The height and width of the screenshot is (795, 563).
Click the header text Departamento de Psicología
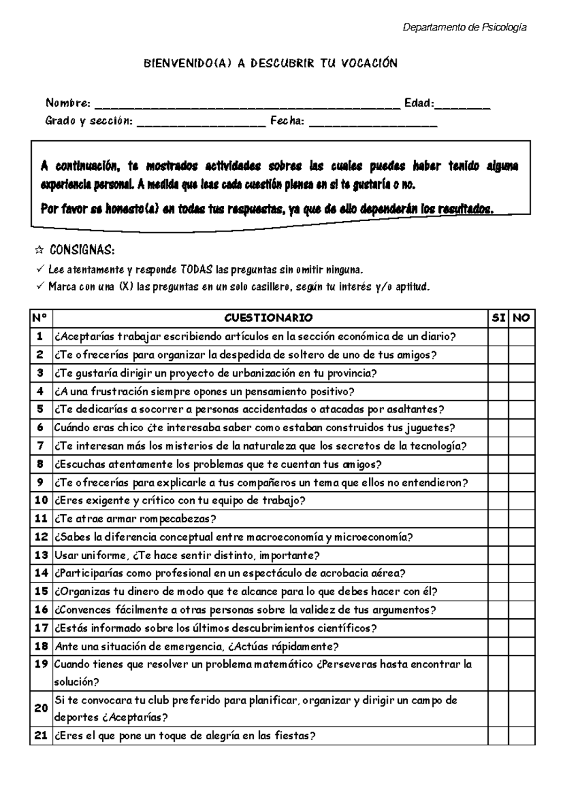point(464,28)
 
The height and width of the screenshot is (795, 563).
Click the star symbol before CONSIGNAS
point(40,250)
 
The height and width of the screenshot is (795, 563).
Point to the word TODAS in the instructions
point(197,270)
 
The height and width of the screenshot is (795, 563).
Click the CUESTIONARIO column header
point(268,318)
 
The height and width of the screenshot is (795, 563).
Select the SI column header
point(498,318)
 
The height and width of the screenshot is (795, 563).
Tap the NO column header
point(521,318)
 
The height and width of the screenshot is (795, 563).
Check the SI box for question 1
point(498,337)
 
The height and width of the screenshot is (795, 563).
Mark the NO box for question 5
point(521,409)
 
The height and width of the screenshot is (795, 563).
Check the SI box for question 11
point(498,519)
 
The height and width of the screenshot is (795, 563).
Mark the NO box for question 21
point(521,735)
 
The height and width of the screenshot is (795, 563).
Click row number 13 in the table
point(41,555)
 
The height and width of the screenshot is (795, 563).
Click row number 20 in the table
point(41,708)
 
